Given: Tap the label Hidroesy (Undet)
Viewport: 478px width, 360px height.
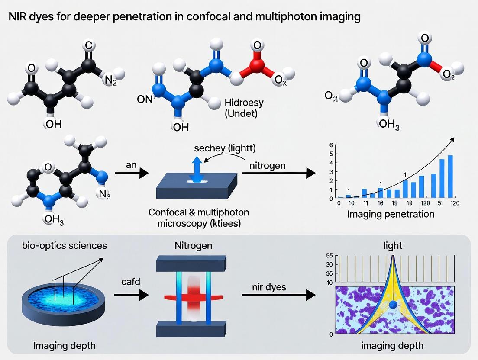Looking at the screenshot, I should pyautogui.click(x=244, y=108).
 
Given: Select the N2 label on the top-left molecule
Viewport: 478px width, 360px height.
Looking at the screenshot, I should pyautogui.click(x=110, y=81).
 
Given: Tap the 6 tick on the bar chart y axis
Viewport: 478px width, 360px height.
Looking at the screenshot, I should pyautogui.click(x=331, y=145).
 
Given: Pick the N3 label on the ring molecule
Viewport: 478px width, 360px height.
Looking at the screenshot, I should pyautogui.click(x=105, y=194).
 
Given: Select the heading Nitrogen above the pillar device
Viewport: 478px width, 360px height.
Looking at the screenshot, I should pyautogui.click(x=193, y=246).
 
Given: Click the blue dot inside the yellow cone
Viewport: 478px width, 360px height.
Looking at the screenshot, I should pyautogui.click(x=393, y=305).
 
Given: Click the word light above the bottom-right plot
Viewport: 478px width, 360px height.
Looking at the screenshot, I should pyautogui.click(x=393, y=245).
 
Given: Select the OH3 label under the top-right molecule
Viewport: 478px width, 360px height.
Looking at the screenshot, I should pyautogui.click(x=388, y=126).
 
